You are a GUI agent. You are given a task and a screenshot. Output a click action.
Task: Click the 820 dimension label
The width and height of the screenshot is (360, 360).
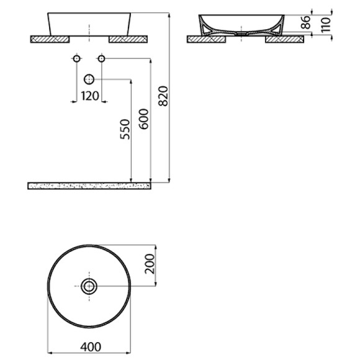click(163, 96)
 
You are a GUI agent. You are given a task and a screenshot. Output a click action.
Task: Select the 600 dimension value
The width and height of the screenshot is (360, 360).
click(144, 118)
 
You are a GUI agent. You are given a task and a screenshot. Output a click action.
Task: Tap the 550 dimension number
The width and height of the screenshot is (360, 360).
click(124, 128)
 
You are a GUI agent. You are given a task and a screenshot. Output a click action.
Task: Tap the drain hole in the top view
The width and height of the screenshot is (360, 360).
click(89, 286)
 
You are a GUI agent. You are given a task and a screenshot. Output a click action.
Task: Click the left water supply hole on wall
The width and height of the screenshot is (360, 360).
click(77, 59)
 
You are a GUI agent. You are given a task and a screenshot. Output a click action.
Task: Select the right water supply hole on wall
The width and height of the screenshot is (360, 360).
click(101, 59)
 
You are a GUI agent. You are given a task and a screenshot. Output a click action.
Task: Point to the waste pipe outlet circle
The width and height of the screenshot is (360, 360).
click(89, 79)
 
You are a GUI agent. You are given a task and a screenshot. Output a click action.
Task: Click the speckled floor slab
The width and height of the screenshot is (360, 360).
click(90, 186)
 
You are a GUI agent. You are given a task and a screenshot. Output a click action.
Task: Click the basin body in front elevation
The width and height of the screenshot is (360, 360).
click(89, 24)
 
